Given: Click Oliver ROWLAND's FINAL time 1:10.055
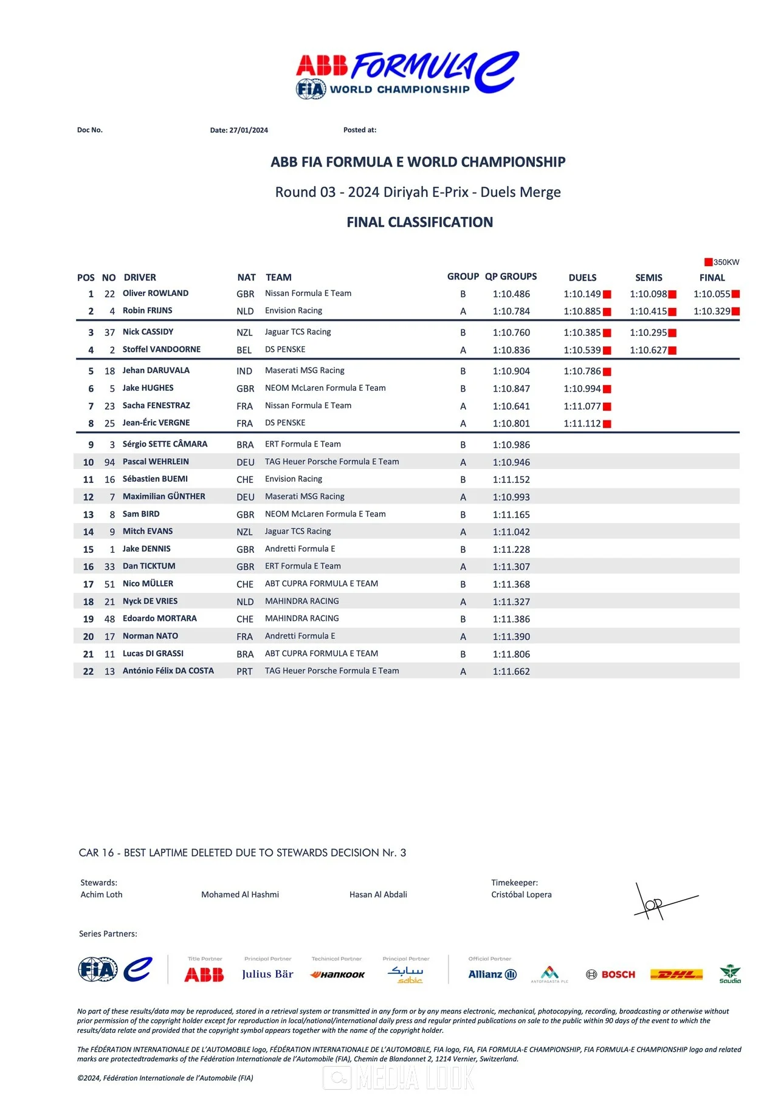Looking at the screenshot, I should click(x=712, y=294).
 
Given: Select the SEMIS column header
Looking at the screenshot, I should click(x=649, y=278).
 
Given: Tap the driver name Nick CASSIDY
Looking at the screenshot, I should click(x=148, y=332).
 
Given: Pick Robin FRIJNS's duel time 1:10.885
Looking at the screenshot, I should click(x=582, y=312).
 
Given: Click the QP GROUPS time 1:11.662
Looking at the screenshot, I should click(x=511, y=671).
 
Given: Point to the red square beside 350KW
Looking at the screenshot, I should click(x=708, y=262).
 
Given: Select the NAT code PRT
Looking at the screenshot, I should click(x=244, y=671).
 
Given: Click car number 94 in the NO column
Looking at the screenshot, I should click(x=109, y=462).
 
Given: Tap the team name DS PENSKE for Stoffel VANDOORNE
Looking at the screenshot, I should click(x=285, y=349).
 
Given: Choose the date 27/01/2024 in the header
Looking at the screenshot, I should click(x=249, y=130).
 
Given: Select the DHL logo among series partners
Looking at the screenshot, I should click(x=676, y=974).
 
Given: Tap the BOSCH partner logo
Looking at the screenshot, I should click(x=610, y=974).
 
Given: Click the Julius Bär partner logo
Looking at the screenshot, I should click(x=267, y=974).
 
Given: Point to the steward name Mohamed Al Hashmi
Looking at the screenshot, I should click(x=240, y=894).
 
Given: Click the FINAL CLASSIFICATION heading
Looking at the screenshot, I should click(x=419, y=222).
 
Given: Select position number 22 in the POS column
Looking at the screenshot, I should click(x=88, y=671).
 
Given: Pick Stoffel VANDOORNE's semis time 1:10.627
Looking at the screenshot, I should click(x=648, y=351).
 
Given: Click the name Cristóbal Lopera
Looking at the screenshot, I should click(x=521, y=894).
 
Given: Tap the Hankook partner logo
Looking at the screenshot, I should click(x=337, y=974).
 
